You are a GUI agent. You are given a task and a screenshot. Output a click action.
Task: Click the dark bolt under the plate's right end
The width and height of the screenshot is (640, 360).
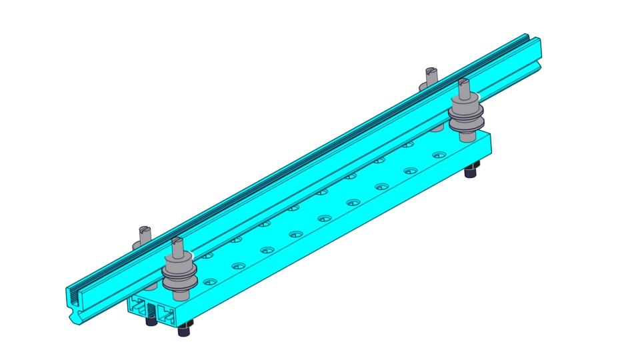[471, 172]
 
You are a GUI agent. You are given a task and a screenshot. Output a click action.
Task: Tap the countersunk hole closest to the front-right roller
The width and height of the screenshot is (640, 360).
[438, 155]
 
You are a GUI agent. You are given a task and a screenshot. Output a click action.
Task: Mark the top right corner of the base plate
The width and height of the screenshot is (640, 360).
[491, 133]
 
